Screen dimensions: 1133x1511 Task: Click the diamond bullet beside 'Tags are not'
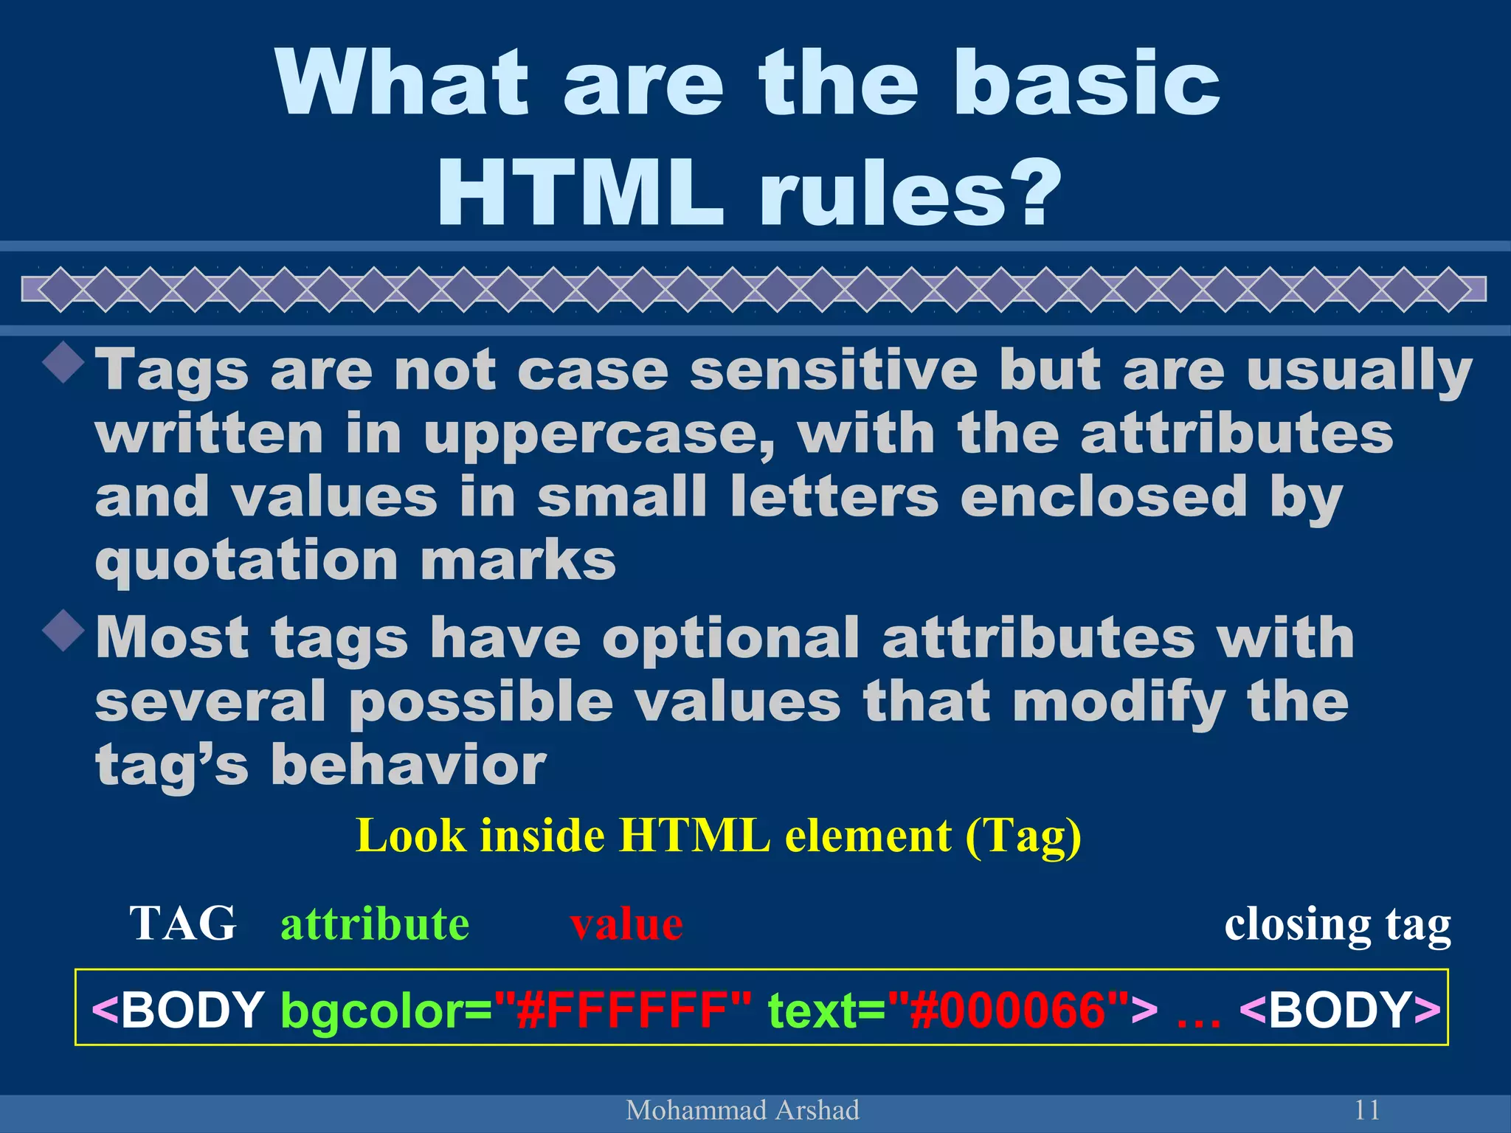click(65, 362)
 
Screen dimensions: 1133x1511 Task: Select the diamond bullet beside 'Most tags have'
click(65, 630)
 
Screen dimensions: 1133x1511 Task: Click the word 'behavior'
click(408, 765)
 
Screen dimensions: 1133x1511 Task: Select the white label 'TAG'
click(183, 923)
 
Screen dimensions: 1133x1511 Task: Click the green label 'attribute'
click(375, 923)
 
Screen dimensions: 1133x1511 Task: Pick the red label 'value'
click(626, 924)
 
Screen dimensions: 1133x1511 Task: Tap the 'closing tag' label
click(1337, 924)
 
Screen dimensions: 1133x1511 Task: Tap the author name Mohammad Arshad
click(742, 1109)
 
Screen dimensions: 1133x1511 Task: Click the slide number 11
click(1366, 1109)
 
